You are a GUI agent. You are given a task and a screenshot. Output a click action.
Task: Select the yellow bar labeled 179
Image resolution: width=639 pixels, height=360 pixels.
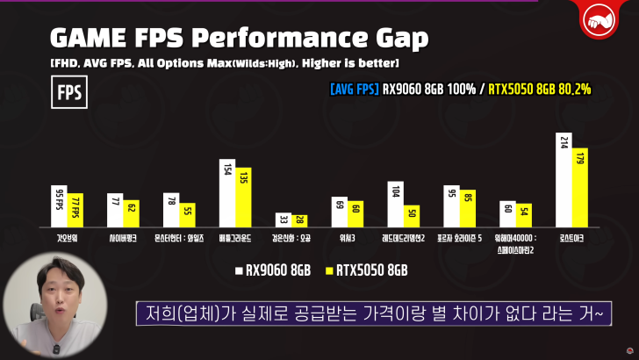[580, 188]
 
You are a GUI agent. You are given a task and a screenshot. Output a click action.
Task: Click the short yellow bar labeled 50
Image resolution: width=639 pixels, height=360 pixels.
[412, 215]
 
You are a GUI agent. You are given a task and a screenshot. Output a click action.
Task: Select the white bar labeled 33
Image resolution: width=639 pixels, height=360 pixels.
[284, 220]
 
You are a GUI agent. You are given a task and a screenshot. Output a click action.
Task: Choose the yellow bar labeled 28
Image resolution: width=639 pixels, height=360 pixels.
[299, 220]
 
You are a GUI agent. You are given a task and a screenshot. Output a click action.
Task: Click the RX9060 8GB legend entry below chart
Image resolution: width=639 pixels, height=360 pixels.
[273, 271]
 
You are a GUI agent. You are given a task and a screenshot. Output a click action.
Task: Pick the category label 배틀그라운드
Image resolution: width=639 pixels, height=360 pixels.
[235, 238]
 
